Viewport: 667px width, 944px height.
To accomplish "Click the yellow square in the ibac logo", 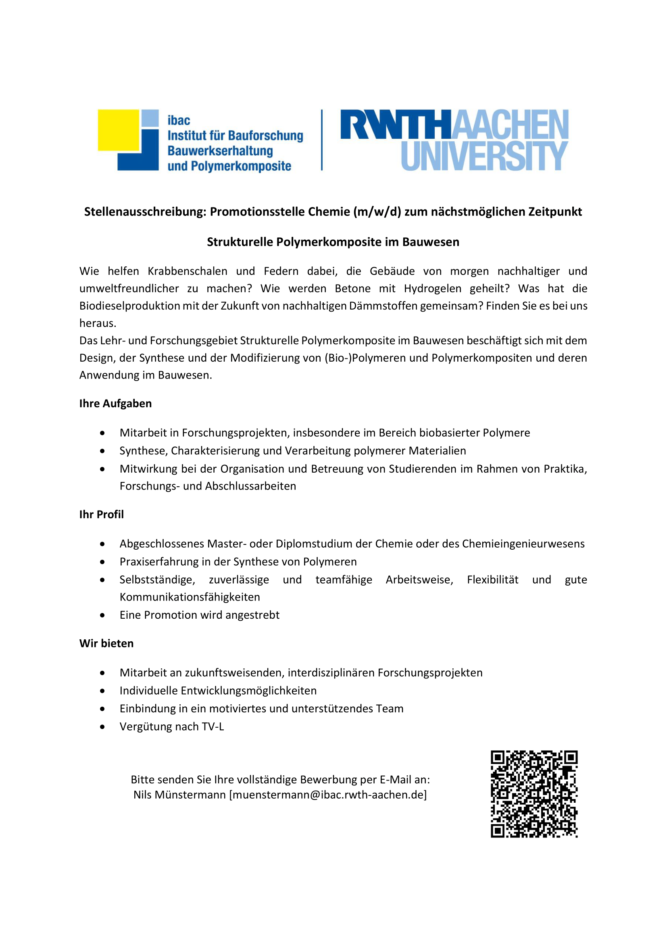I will pyautogui.click(x=119, y=130).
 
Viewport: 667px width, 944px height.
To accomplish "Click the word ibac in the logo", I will pyautogui.click(x=179, y=120).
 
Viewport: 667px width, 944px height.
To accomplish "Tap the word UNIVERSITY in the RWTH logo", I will pyautogui.click(x=485, y=156).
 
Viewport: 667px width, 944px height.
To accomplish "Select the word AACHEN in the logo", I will pyautogui.click(x=511, y=124).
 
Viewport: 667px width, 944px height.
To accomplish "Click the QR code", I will pyautogui.click(x=534, y=794).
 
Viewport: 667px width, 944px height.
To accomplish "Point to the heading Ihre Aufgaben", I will pyautogui.click(x=115, y=403).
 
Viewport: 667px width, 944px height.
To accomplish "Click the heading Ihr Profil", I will pyautogui.click(x=102, y=514).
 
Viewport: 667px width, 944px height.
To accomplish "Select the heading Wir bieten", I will pyautogui.click(x=106, y=643).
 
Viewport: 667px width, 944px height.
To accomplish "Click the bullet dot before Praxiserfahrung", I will pyautogui.click(x=102, y=562).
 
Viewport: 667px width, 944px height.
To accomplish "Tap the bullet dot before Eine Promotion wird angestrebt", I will pyautogui.click(x=102, y=615).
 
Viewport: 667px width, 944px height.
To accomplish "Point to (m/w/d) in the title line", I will pyautogui.click(x=377, y=212).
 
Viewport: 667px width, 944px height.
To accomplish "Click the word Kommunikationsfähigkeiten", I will pyautogui.click(x=190, y=597).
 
